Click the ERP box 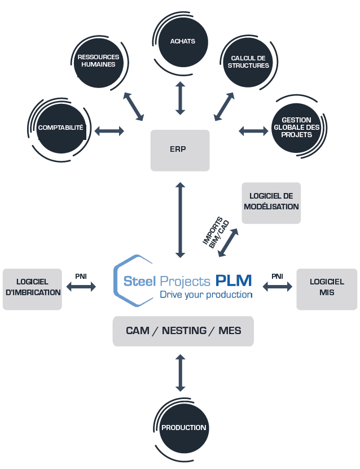[180, 151]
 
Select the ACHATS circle [183, 42]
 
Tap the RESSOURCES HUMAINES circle [98, 63]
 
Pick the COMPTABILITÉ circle [62, 129]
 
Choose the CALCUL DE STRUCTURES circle [248, 63]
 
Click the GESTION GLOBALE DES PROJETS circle [296, 128]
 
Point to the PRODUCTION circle [183, 428]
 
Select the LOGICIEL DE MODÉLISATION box [271, 203]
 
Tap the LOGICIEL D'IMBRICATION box [32, 289]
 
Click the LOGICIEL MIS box [327, 289]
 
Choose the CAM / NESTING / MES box [183, 331]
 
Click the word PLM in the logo [234, 280]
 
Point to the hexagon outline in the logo [115, 281]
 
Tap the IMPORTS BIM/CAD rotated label [216, 233]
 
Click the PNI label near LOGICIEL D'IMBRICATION [81, 277]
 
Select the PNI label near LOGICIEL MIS [277, 277]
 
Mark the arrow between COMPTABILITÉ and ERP [109, 131]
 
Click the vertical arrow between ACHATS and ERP [181, 98]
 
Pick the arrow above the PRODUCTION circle [181, 372]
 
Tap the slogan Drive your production [207, 295]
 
